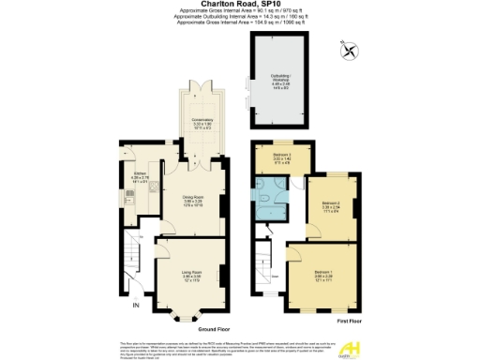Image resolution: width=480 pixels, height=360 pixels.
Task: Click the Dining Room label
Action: pyautogui.click(x=191, y=199)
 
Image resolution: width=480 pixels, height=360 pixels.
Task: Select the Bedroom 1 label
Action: pyautogui.click(x=323, y=276)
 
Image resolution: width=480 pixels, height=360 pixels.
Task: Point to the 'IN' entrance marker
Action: pyautogui.click(x=135, y=306)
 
